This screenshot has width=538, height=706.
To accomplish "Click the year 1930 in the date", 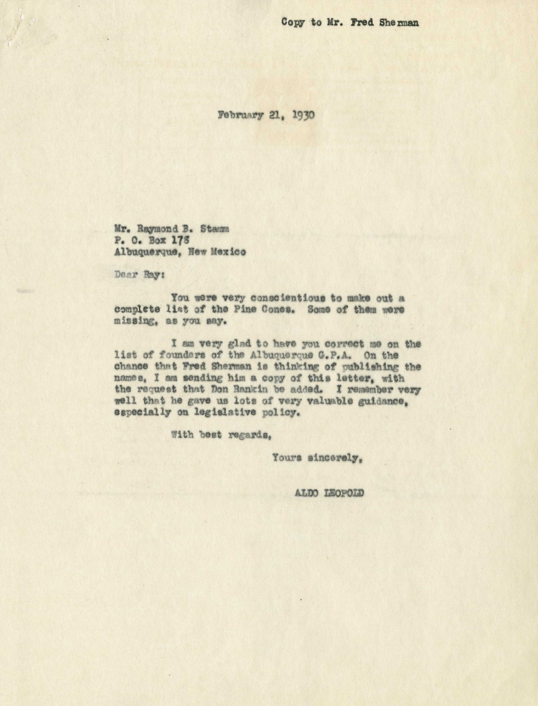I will [x=303, y=115].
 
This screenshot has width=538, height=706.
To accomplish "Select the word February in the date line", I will [x=240, y=115].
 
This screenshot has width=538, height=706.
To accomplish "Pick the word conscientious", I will [x=288, y=298].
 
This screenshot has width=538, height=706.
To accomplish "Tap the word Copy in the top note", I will [x=293, y=22].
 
